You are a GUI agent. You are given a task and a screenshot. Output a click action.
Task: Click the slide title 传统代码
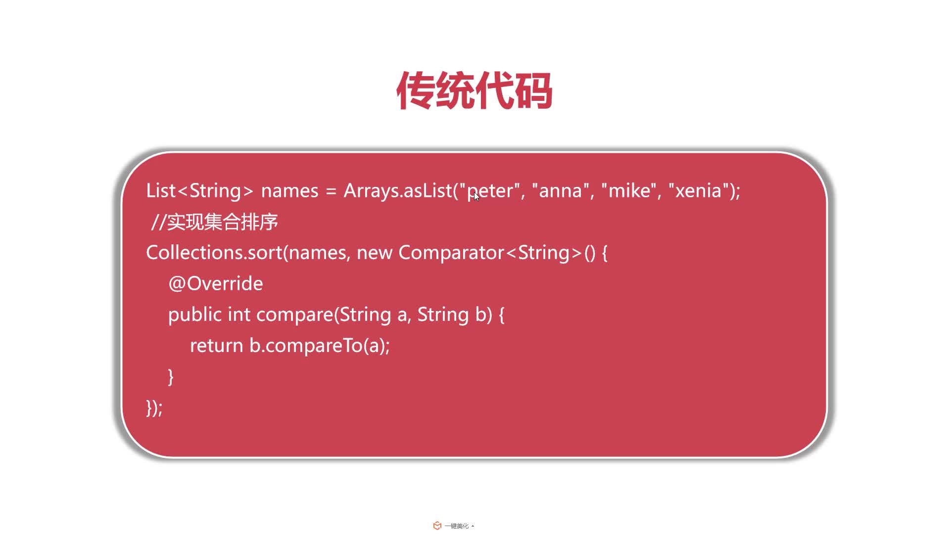coord(475,91)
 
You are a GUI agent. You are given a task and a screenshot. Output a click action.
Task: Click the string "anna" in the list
coord(560,191)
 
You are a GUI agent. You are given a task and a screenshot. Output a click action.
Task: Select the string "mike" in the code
coord(629,191)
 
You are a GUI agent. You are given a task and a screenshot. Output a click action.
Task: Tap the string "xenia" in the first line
coord(698,191)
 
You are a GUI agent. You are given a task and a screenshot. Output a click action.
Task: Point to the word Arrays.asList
coord(398,191)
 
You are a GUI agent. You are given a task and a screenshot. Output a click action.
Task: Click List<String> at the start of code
coord(200,191)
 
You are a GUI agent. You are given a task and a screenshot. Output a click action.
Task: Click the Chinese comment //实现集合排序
coord(215,222)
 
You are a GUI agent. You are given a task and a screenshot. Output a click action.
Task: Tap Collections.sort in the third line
coord(214,253)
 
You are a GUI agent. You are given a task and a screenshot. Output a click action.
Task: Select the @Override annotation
coord(216,284)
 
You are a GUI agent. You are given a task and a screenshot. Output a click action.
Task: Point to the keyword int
coord(239,314)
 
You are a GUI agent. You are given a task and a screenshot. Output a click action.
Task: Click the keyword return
coord(216,346)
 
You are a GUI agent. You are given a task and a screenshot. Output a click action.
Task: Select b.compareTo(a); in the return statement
coord(320,346)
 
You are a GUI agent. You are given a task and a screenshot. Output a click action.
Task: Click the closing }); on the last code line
coord(154,408)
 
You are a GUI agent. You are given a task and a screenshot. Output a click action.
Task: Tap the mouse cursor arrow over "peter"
coord(476,196)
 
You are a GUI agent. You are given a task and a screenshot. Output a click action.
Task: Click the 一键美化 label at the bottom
coord(456,526)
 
